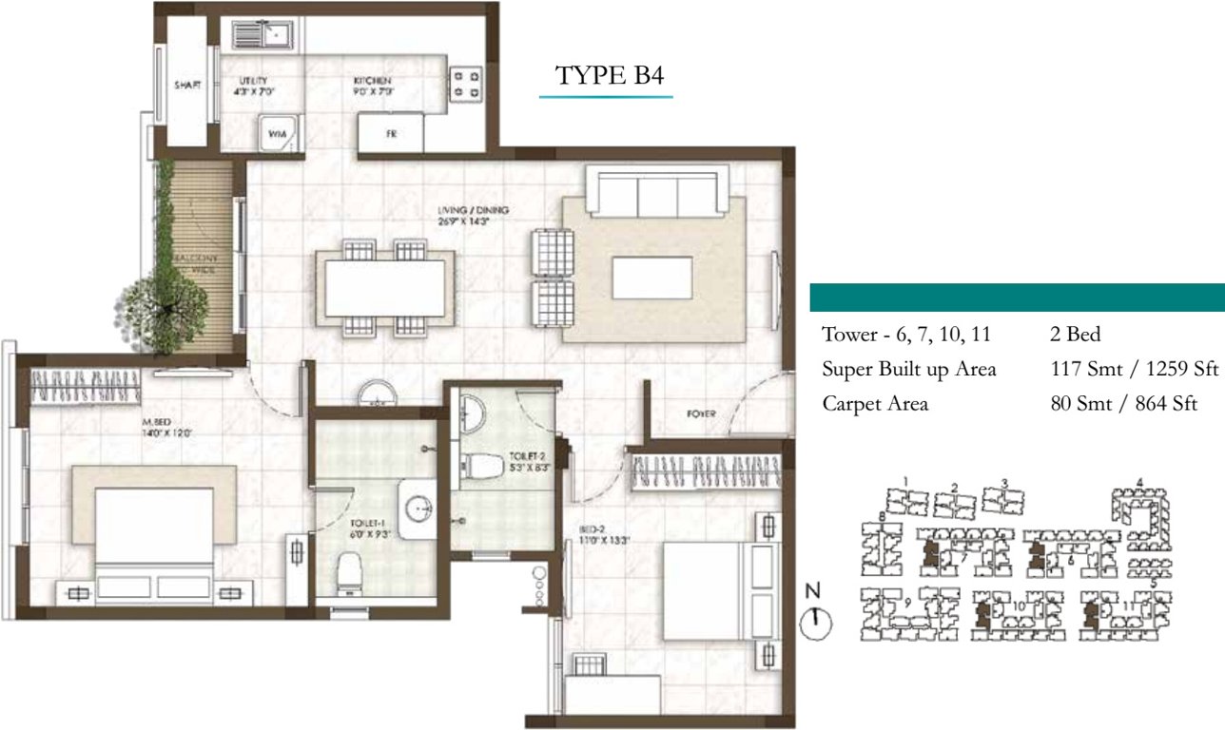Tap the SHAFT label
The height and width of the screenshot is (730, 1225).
[x=187, y=86]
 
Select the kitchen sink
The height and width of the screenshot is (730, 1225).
[x=262, y=36]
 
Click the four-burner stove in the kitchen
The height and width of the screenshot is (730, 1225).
[x=466, y=83]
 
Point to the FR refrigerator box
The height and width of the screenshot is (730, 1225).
[x=390, y=134]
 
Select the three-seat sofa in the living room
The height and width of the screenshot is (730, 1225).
[x=658, y=192]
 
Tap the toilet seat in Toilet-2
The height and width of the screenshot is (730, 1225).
[x=486, y=466]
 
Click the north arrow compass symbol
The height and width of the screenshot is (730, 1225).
[x=815, y=623]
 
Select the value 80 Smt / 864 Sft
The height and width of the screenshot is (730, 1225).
[x=1119, y=404]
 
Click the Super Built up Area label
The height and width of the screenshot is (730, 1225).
[x=908, y=370]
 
